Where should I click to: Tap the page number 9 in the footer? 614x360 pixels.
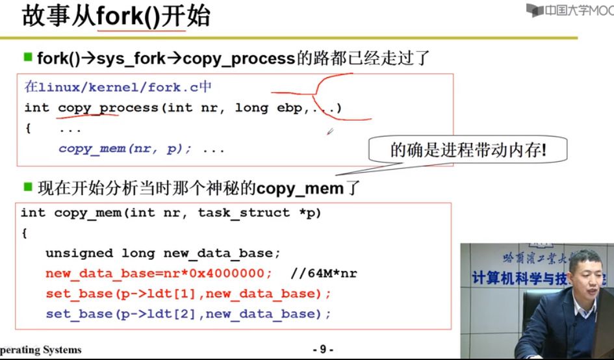[x=323, y=350]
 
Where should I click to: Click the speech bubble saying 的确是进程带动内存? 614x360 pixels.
[x=468, y=151]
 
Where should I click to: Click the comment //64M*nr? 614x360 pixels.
[x=324, y=274]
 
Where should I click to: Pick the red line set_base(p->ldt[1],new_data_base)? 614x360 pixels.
[x=188, y=294]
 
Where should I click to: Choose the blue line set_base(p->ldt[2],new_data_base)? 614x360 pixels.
[x=188, y=314]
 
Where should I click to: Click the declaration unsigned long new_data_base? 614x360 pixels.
[x=153, y=253]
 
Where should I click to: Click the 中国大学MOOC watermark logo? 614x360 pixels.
[x=568, y=10]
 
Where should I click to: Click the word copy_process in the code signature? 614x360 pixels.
[x=108, y=108]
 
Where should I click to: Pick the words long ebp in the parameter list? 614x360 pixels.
[x=269, y=108]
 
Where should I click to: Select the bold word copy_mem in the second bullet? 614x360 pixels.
[x=300, y=189]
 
